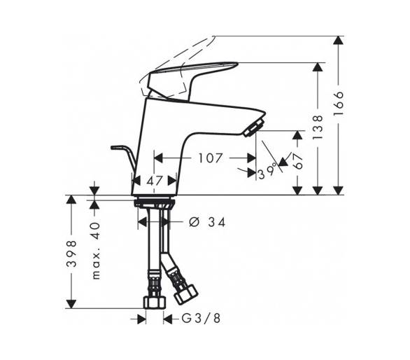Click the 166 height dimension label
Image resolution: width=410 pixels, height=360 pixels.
[x=339, y=103]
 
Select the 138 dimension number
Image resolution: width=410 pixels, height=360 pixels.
[x=318, y=127]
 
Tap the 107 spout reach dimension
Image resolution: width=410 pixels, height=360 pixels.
[x=211, y=158]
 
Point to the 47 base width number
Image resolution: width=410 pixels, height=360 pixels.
[x=155, y=181]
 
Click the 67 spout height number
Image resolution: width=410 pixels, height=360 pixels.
[x=298, y=161]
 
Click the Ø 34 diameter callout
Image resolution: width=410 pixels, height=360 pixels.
[x=207, y=223]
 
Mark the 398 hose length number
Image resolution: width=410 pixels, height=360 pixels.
[x=71, y=254]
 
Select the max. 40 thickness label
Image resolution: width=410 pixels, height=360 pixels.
[x=96, y=251]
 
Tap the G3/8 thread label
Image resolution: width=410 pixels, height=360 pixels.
[x=201, y=319]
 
